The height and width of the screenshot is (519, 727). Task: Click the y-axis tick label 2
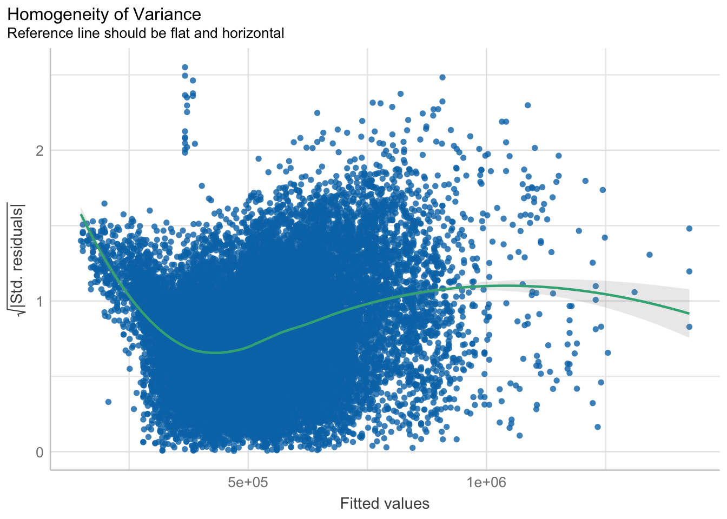point(39,150)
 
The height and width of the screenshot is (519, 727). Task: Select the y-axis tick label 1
point(39,301)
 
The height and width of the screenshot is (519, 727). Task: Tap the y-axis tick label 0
point(39,452)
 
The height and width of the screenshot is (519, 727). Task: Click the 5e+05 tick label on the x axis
point(248,482)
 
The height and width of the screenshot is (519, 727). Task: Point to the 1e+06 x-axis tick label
point(486,482)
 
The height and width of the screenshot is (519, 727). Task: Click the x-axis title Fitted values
point(385,504)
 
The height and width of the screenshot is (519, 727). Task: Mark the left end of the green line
point(81,215)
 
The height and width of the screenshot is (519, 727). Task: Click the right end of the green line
point(689,314)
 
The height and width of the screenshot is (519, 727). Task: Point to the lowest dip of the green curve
point(215,352)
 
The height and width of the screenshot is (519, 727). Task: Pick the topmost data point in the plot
point(185,68)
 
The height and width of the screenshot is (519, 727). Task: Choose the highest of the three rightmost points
point(689,229)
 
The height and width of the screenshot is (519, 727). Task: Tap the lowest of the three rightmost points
point(689,327)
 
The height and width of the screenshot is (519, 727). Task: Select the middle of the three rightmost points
point(689,271)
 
